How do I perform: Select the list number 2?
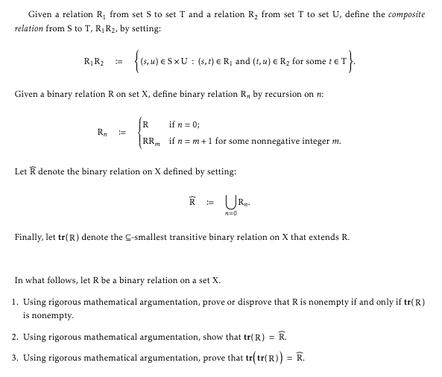16,337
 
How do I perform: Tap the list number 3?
16,358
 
